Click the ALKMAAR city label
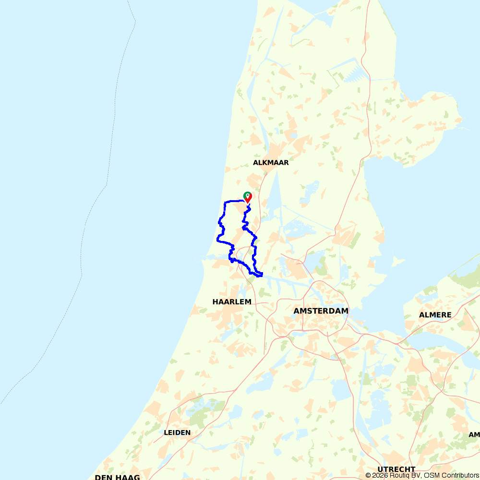271,163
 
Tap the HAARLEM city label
232,302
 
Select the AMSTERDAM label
321,311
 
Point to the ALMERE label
435,315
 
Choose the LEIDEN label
177,432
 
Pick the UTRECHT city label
396,469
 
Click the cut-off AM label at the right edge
474,435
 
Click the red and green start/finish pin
248,197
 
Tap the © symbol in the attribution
368,475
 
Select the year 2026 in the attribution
380,475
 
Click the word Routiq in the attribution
399,475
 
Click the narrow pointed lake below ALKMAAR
276,192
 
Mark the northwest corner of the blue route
225,202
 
